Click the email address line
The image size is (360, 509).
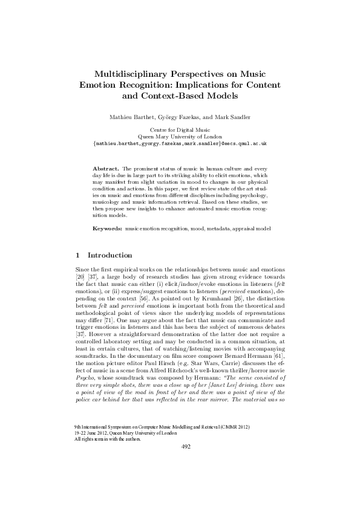click(x=180, y=145)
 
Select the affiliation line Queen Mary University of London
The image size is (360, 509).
click(x=180, y=137)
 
